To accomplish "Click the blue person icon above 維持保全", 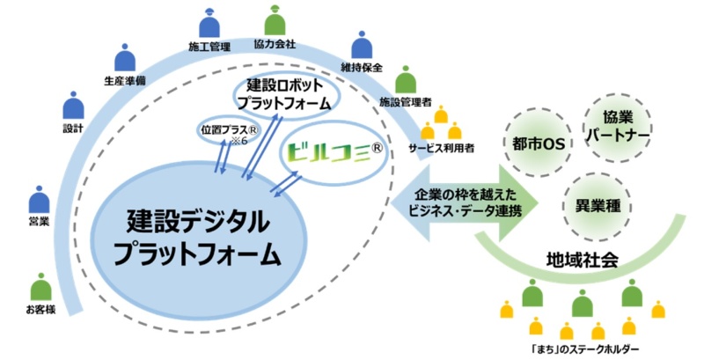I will point(361,46).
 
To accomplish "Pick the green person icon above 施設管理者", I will point(404,80).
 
